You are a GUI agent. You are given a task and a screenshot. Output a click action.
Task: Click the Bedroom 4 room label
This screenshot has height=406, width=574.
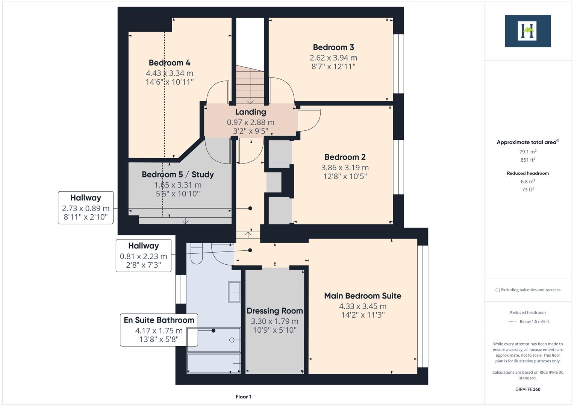click(x=169, y=63)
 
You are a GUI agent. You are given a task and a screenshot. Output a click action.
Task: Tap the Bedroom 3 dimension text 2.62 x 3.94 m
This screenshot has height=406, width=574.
click(x=333, y=58)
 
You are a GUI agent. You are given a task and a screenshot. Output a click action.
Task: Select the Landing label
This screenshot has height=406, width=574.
click(x=250, y=112)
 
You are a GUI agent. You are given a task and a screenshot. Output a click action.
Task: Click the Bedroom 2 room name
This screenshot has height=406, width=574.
click(x=345, y=157)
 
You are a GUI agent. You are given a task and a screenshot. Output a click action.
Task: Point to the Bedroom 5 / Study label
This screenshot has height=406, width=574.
click(x=177, y=174)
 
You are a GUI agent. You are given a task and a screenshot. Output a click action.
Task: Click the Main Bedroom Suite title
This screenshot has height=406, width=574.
click(x=362, y=296)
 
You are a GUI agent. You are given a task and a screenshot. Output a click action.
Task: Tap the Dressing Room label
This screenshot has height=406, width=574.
click(x=274, y=311)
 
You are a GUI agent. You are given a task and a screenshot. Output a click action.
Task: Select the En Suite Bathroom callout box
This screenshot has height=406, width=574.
click(x=159, y=330)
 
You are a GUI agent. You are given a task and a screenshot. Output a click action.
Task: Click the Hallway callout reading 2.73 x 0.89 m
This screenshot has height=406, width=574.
click(x=86, y=208)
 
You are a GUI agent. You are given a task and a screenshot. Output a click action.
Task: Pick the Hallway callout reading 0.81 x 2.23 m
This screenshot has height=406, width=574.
click(x=143, y=256)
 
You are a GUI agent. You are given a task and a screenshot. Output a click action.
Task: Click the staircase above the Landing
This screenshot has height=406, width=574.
click(x=250, y=85)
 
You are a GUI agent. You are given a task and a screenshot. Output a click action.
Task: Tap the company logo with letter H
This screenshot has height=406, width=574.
click(x=527, y=31)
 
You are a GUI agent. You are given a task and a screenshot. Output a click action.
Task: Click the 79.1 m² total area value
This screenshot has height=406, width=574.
click(x=527, y=152)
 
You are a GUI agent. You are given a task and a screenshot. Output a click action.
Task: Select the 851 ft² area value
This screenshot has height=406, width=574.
click(x=527, y=160)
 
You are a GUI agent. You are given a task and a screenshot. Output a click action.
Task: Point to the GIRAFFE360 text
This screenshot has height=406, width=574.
click(x=527, y=389)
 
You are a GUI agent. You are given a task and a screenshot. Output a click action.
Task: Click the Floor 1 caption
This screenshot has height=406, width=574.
click(x=243, y=397)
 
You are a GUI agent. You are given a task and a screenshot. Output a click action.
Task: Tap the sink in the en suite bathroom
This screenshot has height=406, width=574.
click(x=234, y=292)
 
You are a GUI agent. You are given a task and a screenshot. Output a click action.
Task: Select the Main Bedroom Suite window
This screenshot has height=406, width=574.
click(x=423, y=306)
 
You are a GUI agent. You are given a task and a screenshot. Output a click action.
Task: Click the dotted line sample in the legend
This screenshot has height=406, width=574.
click(x=512, y=321)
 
